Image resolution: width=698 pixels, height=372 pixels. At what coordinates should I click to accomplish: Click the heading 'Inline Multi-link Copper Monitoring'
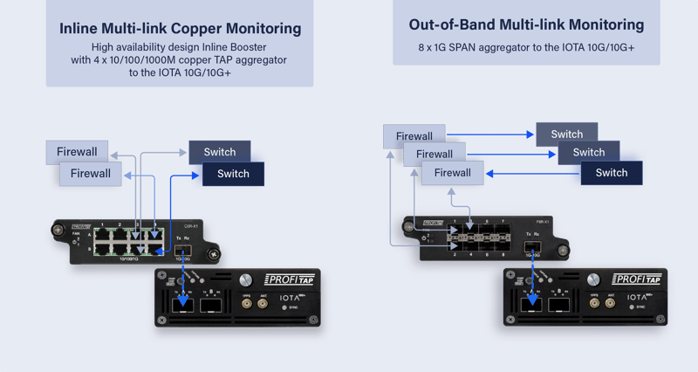coord(180,29)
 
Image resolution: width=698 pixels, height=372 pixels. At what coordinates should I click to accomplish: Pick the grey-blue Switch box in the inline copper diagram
coord(219,152)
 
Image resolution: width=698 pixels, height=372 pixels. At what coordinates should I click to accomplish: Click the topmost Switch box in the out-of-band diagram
coord(566,134)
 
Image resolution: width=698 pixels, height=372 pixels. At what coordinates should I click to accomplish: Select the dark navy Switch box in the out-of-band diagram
coord(611,173)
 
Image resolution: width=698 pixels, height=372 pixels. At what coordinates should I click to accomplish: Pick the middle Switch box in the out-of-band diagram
coord(589,153)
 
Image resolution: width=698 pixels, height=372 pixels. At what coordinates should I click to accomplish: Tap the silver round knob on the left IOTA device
coord(247,280)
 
